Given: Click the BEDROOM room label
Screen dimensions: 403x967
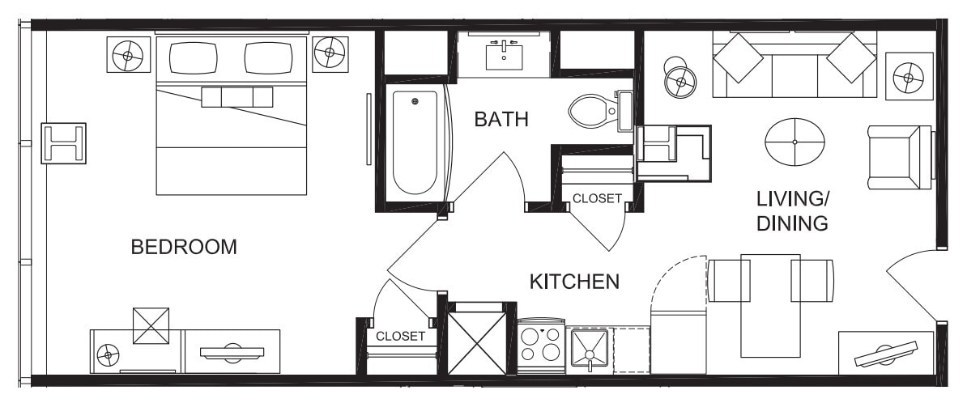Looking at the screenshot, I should (184, 247).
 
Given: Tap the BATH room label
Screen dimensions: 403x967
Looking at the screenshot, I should (501, 120).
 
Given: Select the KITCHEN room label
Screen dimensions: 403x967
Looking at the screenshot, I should (574, 282).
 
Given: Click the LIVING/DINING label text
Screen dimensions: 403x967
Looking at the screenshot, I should (792, 211).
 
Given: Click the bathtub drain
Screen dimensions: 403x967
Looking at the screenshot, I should (415, 102).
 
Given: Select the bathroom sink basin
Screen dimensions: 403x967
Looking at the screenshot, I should (505, 56).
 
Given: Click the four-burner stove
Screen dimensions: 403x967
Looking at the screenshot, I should (541, 345).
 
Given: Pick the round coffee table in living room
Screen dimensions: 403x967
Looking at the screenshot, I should (794, 142).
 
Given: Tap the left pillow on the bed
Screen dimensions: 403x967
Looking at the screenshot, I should (193, 57).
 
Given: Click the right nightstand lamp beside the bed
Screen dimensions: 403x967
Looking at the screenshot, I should (330, 54).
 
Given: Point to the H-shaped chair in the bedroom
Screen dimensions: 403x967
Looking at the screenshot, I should (63, 143).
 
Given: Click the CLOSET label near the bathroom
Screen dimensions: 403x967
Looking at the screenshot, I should (597, 198).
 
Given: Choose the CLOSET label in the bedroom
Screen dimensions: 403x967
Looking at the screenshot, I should (400, 336).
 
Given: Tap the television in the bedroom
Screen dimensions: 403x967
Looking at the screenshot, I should (232, 351).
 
